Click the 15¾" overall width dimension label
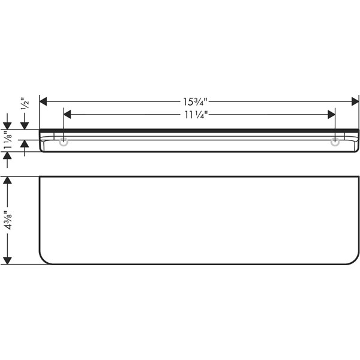[195, 101]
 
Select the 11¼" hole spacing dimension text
[196, 115]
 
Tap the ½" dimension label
[25, 104]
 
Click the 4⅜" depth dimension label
[8, 220]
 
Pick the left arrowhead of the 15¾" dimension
[43, 101]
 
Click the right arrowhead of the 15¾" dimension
[355, 101]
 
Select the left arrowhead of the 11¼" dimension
[67, 115]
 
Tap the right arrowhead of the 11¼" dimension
[332, 115]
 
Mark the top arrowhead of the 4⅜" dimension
[8, 180]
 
